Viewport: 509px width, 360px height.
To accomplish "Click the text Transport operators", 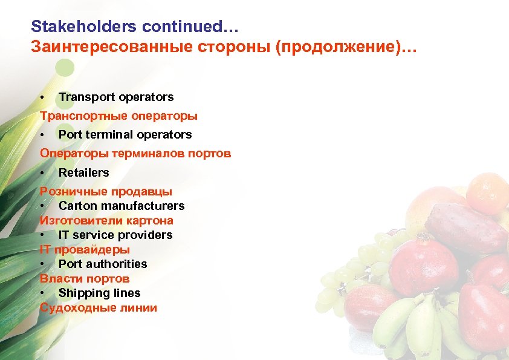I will [116, 97].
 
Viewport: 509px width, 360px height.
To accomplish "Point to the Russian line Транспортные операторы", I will [118, 116].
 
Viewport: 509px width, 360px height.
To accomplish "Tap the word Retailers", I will [83, 172].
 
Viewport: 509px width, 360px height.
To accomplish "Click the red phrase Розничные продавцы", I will [106, 192].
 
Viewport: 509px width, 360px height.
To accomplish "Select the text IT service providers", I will [115, 235].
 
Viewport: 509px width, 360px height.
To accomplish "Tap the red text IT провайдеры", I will [85, 249].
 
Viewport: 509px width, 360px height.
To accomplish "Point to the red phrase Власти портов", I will [85, 278].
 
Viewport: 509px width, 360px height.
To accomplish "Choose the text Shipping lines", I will [99, 293].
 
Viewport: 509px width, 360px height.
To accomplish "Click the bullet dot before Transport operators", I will [42, 97].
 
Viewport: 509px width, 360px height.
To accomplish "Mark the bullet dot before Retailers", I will [42, 173].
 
